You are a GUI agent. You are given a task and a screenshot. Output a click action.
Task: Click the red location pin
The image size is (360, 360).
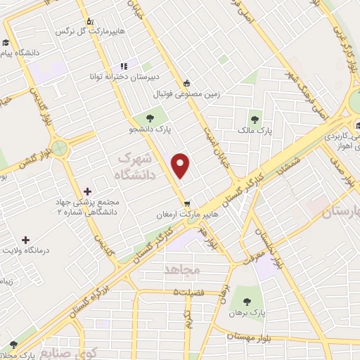pyautogui.click(x=181, y=166)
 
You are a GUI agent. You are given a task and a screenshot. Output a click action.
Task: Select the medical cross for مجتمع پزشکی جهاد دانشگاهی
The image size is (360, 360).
pyautogui.click(x=87, y=191)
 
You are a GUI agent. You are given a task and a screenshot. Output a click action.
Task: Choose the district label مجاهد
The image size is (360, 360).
pyautogui.click(x=182, y=270)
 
